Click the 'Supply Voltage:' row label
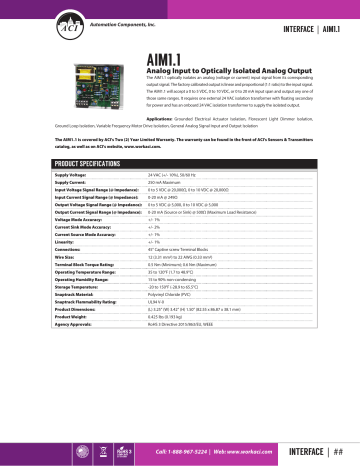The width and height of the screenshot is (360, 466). [x=41, y=174]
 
